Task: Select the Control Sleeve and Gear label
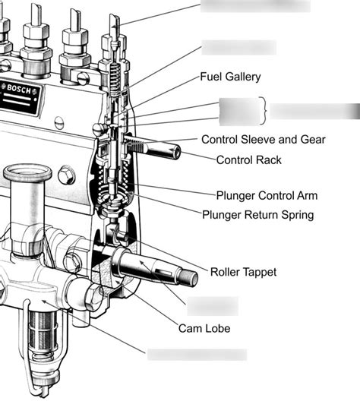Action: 263,140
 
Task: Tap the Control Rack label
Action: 249,160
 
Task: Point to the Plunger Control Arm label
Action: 267,195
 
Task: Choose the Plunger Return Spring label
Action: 257,215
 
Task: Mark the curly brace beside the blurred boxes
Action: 264,112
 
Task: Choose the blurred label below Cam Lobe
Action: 197,355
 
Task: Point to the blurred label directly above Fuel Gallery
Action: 238,47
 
